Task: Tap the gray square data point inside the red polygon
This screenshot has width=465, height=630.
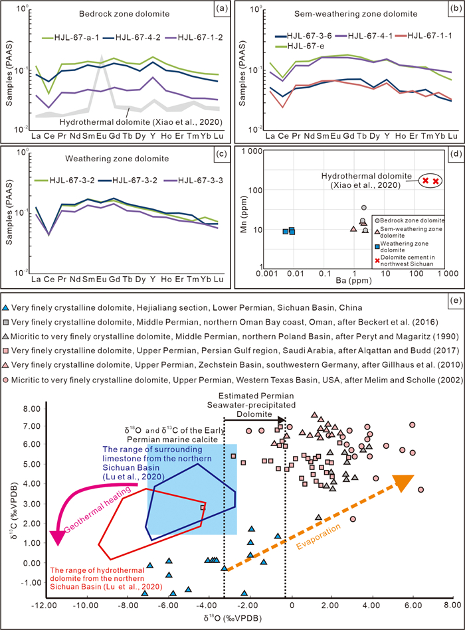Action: pyautogui.click(x=203, y=507)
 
